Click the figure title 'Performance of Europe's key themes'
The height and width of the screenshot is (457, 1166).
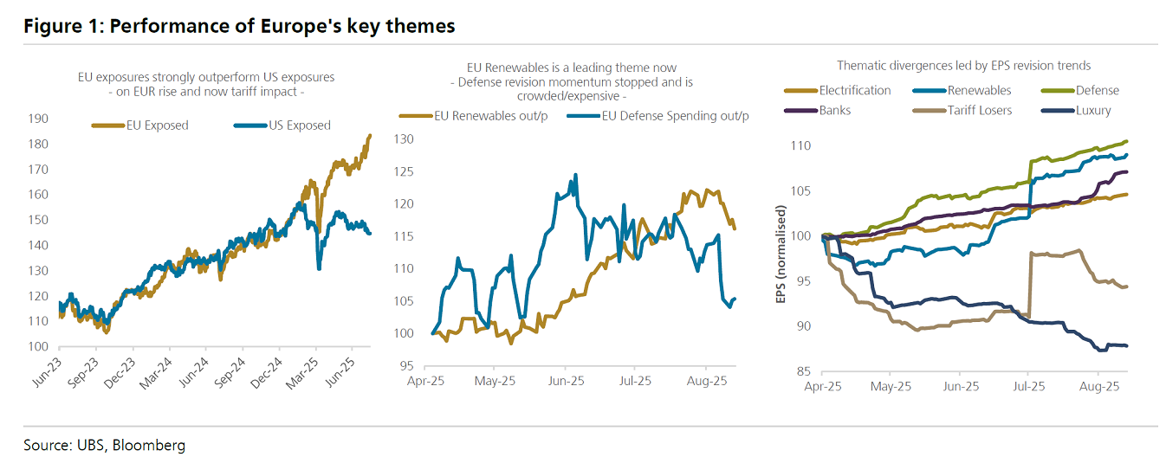pyautogui.click(x=239, y=26)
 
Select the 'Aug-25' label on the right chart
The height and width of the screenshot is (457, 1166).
pyautogui.click(x=1098, y=387)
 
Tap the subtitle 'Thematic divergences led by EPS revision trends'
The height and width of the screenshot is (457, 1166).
pyautogui.click(x=963, y=65)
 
